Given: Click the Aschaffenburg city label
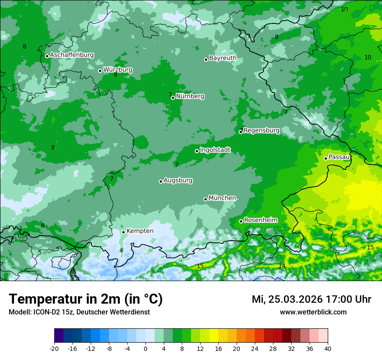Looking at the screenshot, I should (72, 55).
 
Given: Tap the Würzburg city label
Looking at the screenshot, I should (118, 70).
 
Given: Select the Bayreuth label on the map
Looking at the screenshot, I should (223, 58).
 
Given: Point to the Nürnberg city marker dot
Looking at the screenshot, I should (173, 98).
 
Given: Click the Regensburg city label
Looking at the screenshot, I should (261, 131).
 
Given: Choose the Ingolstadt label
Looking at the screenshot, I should (215, 150).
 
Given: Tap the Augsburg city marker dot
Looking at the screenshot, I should (161, 181).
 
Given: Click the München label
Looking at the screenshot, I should (222, 198).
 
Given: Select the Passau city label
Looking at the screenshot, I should (339, 157).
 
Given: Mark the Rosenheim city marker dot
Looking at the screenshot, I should (241, 221).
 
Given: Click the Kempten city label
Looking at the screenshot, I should (140, 231).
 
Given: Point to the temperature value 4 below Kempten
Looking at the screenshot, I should (122, 250).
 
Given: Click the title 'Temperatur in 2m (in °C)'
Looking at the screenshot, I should (86, 299).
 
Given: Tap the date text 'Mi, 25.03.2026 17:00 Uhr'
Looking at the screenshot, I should (311, 299).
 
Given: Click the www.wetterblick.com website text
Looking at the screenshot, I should (313, 312).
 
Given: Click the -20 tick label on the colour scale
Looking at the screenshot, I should (54, 348).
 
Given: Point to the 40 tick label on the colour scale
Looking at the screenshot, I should (327, 348).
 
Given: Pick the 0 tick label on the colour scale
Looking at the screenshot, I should (145, 348).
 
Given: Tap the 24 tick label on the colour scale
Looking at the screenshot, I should (255, 348).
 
